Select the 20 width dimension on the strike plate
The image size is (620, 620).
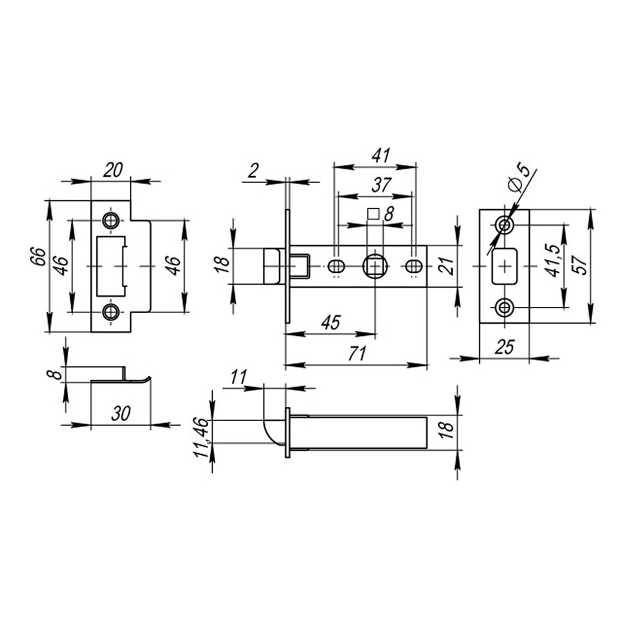pos(113,170)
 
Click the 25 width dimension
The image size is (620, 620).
pos(505,347)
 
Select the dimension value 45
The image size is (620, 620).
pos(330,322)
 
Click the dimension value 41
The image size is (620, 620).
pos(381,156)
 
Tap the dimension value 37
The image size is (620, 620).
pos(381,185)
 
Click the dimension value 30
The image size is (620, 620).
pos(121,414)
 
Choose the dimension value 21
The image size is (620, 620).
pos(446,265)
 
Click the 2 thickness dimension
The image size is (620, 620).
pos(254,170)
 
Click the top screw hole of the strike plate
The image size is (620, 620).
pos(110,221)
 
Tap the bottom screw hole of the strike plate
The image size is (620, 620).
pos(110,312)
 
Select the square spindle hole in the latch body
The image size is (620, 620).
pos(374,267)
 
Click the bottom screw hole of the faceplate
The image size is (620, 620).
pos(505,307)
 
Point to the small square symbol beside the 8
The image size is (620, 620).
pos(373,214)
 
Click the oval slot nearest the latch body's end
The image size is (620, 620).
pos(414,267)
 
